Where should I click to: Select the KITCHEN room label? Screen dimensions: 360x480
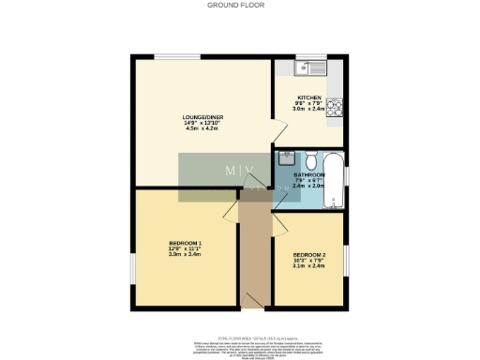pyautogui.click(x=309, y=97)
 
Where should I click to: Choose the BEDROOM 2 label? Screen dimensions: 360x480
pyautogui.click(x=308, y=254)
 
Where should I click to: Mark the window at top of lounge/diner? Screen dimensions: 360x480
pyautogui.click(x=170, y=56)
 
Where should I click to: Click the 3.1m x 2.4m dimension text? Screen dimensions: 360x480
pyautogui.click(x=308, y=266)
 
